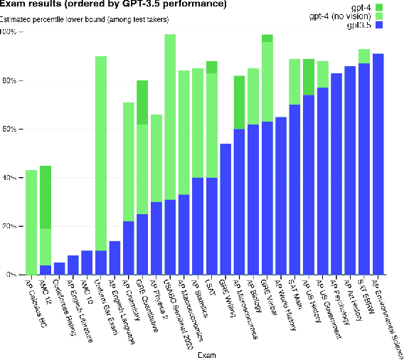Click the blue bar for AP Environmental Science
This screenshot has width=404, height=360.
(378, 164)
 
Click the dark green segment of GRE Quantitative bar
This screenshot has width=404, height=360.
(142, 102)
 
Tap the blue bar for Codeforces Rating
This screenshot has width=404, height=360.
(59, 268)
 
